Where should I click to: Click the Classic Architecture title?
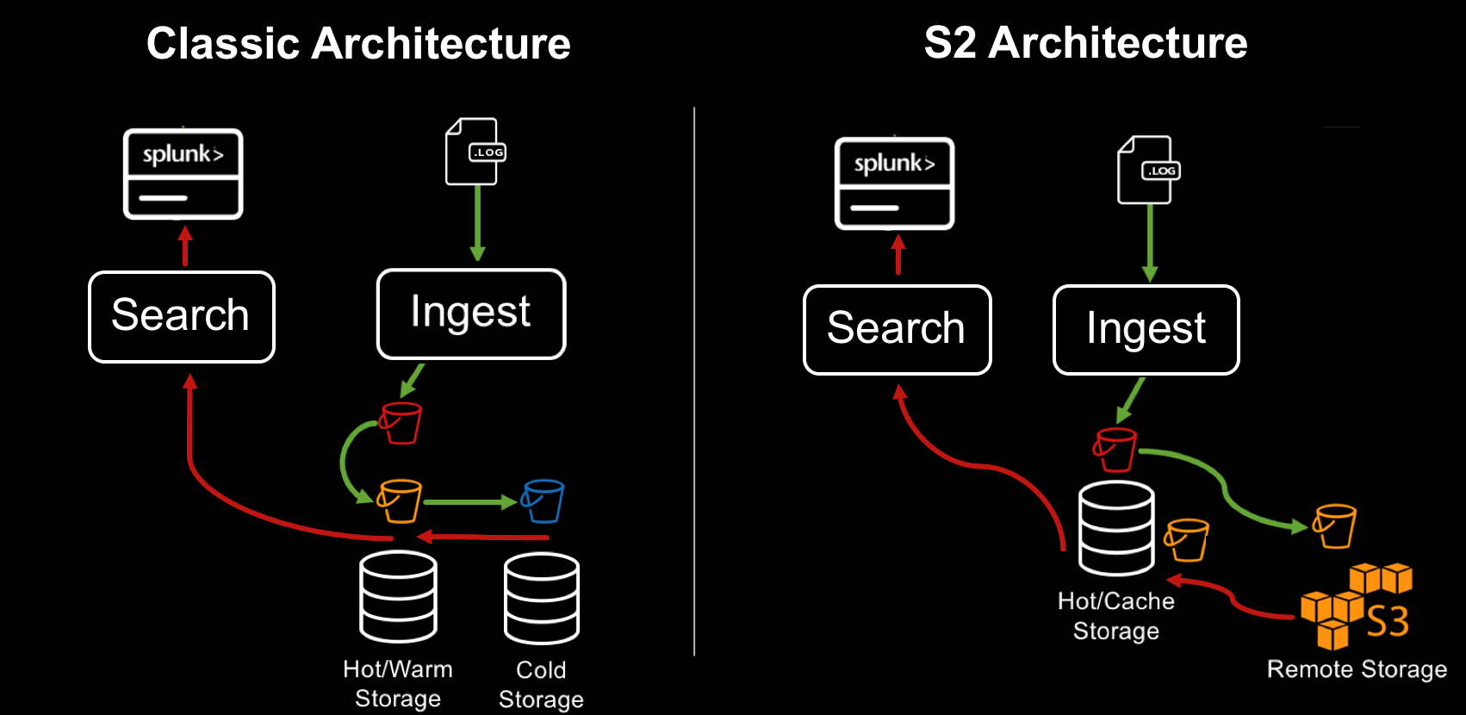[358, 44]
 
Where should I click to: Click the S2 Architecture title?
[1085, 43]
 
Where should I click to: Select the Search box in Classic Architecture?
[182, 316]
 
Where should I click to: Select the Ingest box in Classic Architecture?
[471, 313]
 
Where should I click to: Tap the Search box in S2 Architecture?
[897, 329]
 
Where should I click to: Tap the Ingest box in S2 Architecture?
[1146, 329]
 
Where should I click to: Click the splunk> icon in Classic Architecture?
[183, 173]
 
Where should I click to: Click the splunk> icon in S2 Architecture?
[894, 183]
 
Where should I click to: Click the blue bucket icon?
[544, 501]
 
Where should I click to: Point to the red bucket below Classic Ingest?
[401, 423]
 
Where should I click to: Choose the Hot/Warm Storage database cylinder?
[398, 597]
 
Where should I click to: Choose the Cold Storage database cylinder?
[541, 599]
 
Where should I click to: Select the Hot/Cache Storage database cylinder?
[1116, 528]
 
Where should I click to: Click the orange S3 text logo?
[1388, 621]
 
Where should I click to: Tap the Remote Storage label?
[1357, 669]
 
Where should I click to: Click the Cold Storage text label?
[541, 684]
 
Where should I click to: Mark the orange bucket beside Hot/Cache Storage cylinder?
[1187, 539]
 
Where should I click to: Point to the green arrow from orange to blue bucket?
[469, 501]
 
